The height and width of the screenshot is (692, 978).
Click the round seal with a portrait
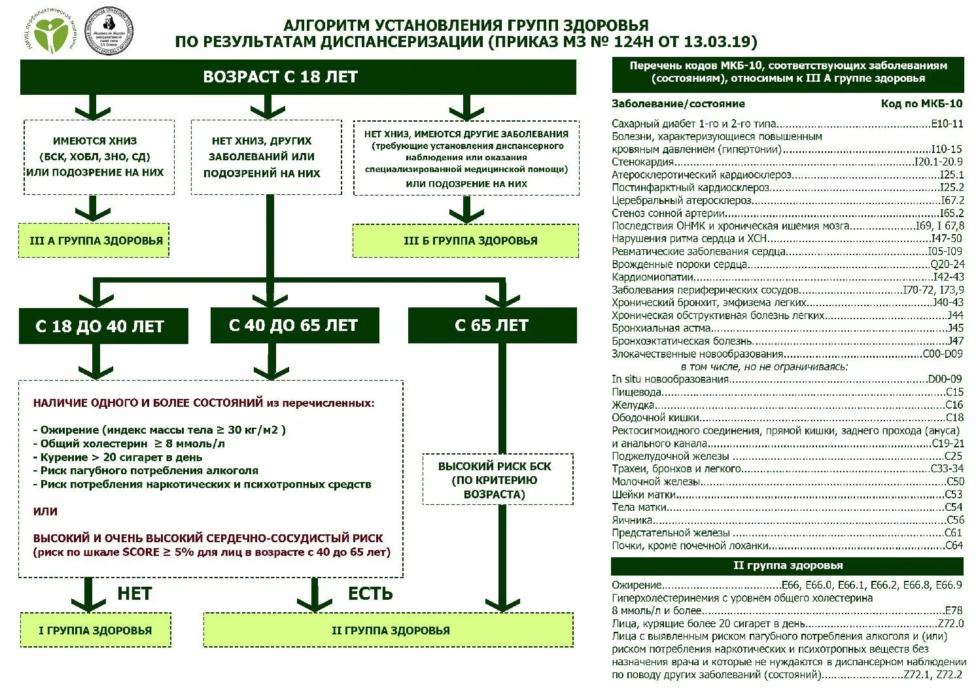click(109, 31)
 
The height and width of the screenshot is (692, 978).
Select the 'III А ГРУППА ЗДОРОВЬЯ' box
click(96, 240)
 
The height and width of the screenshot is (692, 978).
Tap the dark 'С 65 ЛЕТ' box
click(491, 325)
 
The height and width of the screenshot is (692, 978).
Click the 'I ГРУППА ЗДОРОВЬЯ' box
click(95, 631)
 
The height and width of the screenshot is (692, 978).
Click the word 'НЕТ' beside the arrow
click(135, 593)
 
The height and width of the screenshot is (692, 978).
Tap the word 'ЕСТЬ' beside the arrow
click(370, 593)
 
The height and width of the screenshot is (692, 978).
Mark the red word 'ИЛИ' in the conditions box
click(45, 511)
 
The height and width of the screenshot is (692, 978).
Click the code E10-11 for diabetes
click(947, 123)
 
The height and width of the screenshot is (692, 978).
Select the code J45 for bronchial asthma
click(955, 328)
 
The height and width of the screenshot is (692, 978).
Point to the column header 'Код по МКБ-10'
click(921, 103)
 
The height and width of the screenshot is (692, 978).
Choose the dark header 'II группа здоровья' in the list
click(788, 565)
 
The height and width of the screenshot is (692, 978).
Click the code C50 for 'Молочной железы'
click(954, 481)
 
